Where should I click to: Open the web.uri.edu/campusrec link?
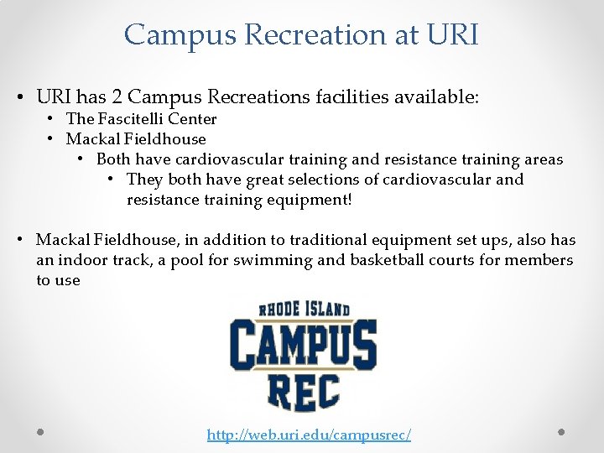[309, 435]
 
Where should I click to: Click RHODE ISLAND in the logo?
[303, 310]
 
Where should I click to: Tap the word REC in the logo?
[303, 392]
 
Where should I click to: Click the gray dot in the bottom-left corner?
[40, 432]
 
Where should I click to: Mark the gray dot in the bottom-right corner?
[561, 432]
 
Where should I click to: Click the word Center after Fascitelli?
[193, 119]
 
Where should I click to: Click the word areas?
[542, 159]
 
